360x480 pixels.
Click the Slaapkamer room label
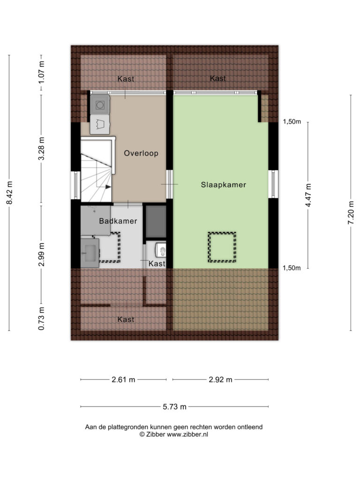click(224, 185)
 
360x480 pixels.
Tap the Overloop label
click(141, 153)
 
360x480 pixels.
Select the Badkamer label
click(118, 221)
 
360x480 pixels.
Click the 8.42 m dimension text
click(9, 193)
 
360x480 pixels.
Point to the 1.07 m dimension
click(41, 72)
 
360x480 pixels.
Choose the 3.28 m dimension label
click(41, 149)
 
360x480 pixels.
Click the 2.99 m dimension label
click(41, 255)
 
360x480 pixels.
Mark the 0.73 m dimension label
click(41, 319)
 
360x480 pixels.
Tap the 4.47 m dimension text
click(308, 195)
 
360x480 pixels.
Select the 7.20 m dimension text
click(351, 213)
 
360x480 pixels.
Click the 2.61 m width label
click(123, 380)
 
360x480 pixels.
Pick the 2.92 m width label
click(220, 380)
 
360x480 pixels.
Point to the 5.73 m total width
click(174, 407)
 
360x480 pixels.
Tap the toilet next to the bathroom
click(160, 250)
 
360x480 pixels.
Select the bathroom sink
click(90, 253)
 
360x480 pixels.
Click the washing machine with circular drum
click(100, 105)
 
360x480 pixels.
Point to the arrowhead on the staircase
click(108, 187)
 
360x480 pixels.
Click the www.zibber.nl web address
click(187, 434)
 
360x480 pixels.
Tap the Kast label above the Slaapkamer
click(217, 78)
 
